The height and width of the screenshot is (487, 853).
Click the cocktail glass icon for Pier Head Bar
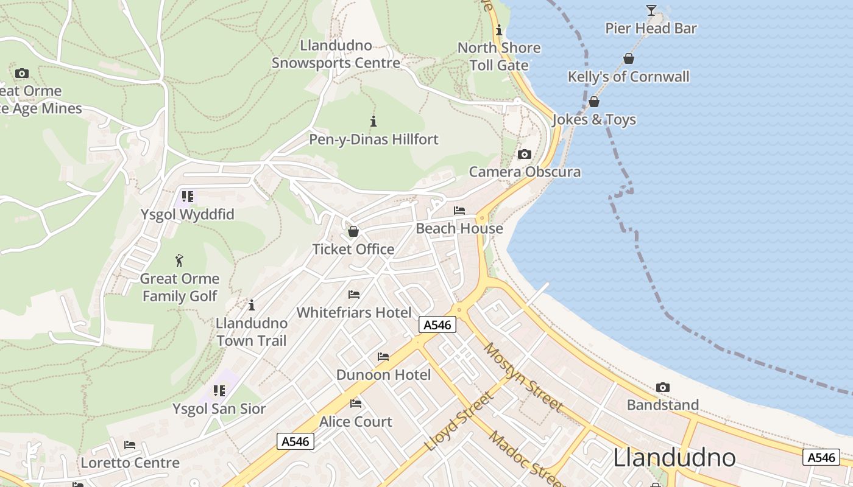(651, 10)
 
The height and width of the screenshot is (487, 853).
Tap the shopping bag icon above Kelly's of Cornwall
(629, 58)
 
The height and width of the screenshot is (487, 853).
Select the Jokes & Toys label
(594, 119)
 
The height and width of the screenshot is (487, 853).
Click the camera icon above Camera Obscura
(524, 155)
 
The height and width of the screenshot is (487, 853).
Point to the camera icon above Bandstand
(663, 387)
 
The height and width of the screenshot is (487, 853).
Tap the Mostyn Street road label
(523, 377)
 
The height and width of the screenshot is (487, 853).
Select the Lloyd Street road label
(459, 422)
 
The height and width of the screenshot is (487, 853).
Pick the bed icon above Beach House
(459, 211)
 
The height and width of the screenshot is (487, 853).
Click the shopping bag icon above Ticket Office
(353, 231)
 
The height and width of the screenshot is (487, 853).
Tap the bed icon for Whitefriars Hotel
(354, 295)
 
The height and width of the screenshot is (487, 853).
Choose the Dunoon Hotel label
(383, 374)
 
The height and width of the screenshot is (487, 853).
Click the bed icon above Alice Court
(356, 404)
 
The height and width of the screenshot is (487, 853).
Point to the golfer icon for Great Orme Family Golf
(179, 261)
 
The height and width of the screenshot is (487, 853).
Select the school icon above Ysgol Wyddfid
(188, 197)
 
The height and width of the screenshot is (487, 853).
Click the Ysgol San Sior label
(219, 408)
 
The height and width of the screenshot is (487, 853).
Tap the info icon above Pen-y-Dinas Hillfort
(373, 121)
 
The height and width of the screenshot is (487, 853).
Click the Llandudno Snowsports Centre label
(336, 54)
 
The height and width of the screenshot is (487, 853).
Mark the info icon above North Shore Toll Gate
(499, 30)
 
